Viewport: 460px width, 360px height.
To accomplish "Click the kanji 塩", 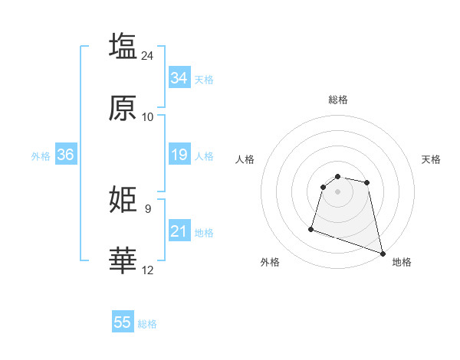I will coord(123,45).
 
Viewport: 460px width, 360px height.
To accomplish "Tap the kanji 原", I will coord(123,108).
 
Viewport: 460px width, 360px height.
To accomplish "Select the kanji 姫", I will coord(123,200).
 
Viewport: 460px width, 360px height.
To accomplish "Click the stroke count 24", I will coord(148,55).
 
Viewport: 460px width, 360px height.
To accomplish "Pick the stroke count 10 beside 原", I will coord(148,117).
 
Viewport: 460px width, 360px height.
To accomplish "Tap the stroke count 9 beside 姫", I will coord(147,208).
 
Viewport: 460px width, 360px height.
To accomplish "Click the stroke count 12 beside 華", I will coord(148,270).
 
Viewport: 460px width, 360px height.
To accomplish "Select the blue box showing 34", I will coord(179,78).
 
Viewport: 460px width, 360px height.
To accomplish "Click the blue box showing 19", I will coord(179,155).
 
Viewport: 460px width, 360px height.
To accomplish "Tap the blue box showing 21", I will coord(179,231).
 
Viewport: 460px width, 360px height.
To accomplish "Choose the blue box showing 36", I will coord(65,155).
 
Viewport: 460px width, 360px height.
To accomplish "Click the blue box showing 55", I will coord(123,322).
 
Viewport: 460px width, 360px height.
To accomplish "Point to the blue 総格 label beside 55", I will coord(147,324).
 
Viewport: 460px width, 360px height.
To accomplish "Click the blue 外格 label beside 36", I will coord(41,156).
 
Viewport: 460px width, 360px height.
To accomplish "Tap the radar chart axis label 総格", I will coord(338,100).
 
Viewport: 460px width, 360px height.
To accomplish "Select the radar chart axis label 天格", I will coord(432,159).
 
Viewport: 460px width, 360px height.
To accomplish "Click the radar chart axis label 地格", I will coord(402,262).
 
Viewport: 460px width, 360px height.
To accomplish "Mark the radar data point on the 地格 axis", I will coord(382,253).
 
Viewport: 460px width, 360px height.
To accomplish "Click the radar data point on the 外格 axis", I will coord(311,228).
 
